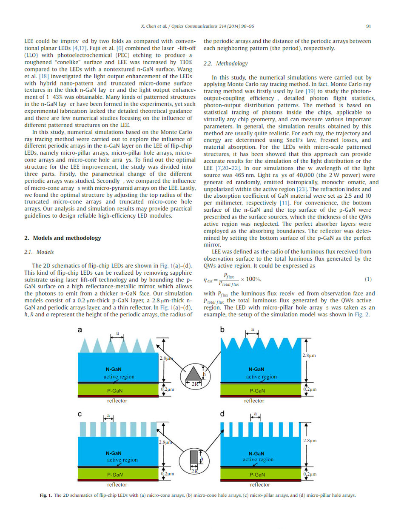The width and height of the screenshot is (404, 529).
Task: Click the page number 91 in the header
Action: [x=368, y=26]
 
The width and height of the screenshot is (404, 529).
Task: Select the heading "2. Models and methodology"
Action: [x=63, y=238]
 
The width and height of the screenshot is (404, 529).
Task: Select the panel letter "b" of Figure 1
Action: [x=222, y=330]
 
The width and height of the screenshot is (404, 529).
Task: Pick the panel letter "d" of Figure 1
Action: [x=222, y=414]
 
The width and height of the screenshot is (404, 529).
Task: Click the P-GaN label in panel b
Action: [x=257, y=390]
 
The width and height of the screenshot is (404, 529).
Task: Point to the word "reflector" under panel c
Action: [x=117, y=484]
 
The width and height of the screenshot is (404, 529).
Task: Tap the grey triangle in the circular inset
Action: [x=196, y=373]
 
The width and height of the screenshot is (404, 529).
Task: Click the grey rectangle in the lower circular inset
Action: [x=195, y=458]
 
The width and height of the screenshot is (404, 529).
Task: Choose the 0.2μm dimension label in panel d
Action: [x=311, y=473]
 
